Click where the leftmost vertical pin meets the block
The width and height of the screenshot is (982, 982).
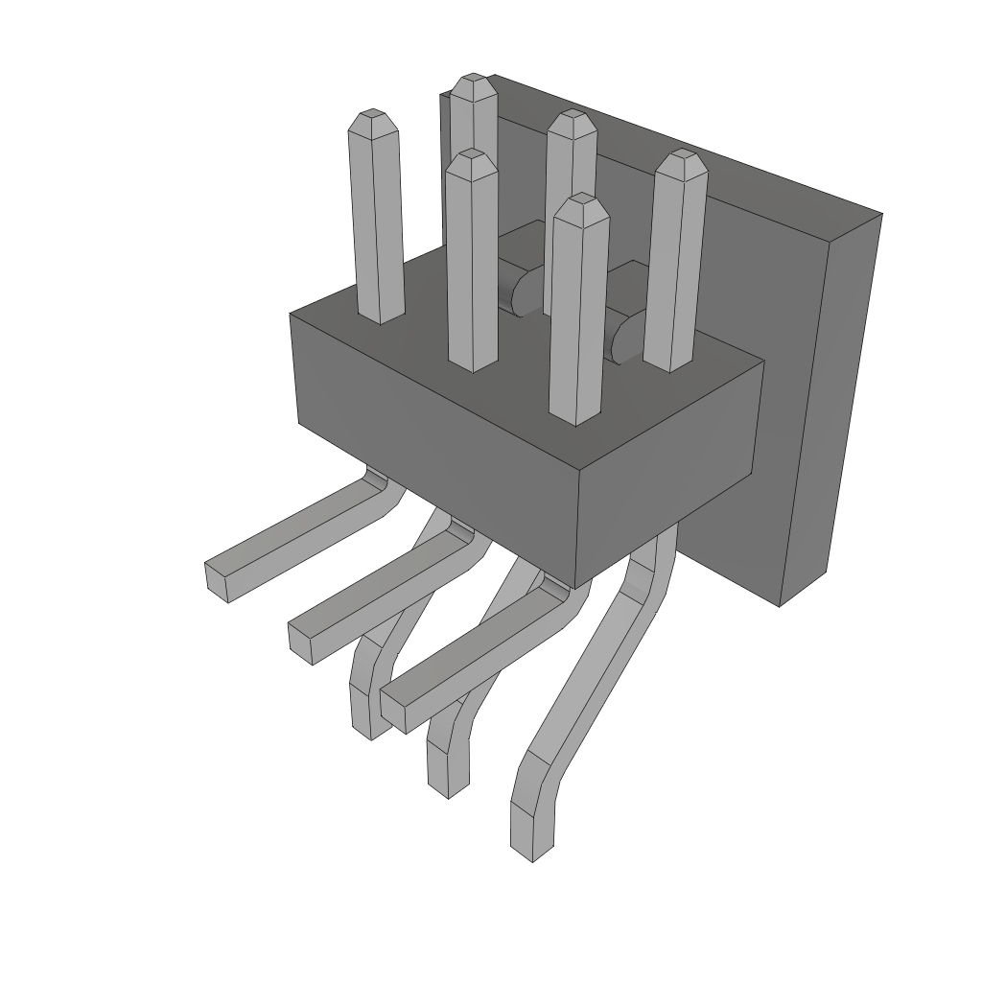381,316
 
